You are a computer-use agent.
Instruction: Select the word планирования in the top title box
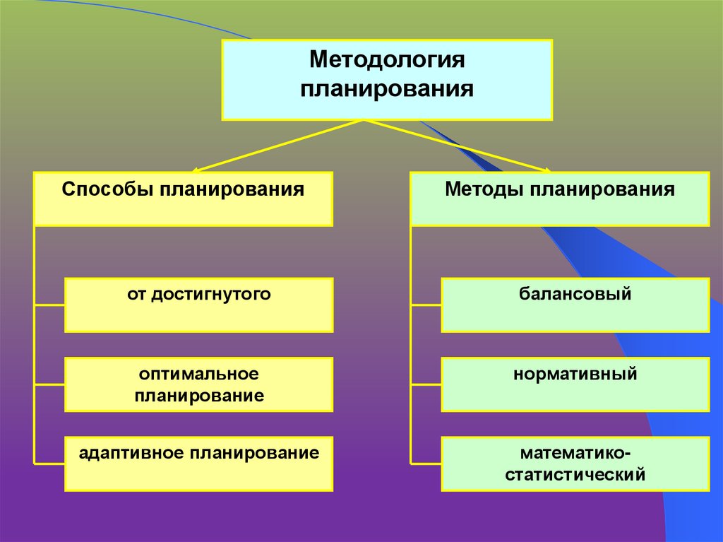387,90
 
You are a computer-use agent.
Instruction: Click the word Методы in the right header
484,190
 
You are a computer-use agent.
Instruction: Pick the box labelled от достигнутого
198,305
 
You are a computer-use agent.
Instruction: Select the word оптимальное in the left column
199,372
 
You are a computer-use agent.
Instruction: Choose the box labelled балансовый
575,305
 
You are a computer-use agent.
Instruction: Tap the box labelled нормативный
575,384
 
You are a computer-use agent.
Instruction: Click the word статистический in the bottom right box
575,474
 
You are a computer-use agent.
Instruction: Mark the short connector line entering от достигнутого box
49,305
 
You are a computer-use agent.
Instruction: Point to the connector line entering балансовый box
426,305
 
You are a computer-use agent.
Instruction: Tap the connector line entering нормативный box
426,385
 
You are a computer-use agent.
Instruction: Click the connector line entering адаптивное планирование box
49,464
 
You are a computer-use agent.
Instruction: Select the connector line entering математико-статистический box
426,464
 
